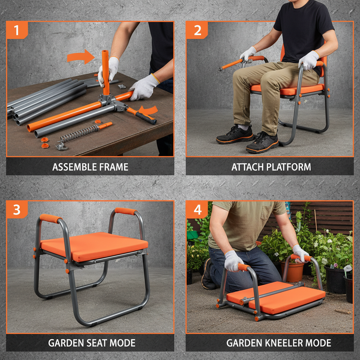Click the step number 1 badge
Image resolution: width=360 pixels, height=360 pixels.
(x=16, y=30)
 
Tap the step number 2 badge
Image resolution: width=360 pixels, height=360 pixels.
(x=197, y=30)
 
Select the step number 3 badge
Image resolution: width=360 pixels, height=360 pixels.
(x=16, y=210)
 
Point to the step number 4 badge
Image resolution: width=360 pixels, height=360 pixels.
(x=197, y=210)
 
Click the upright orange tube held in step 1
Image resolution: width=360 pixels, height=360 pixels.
(x=105, y=70)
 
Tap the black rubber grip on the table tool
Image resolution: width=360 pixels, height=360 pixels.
(x=146, y=118)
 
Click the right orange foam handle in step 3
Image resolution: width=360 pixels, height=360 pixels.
(x=125, y=211)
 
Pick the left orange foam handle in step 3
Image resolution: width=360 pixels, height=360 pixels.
(x=51, y=218)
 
